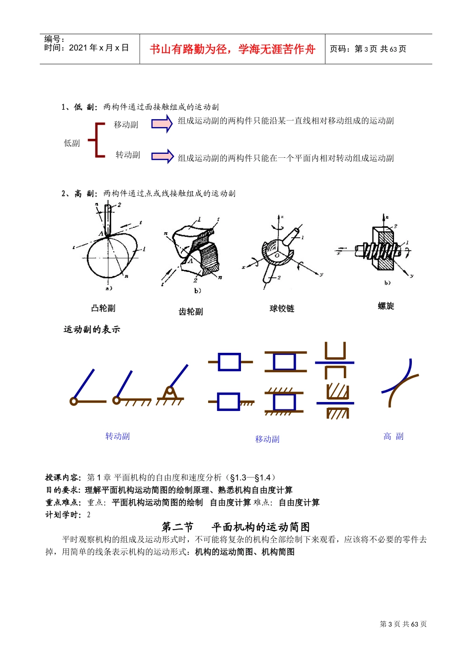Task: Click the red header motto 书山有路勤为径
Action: pos(232,49)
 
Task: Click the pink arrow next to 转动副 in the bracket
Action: pos(162,156)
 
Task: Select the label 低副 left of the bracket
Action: pos(72,143)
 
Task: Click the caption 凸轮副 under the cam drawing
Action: pos(103,308)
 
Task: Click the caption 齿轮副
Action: pos(191,312)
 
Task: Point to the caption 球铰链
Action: pos(282,309)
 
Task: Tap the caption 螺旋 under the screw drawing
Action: pos(386,306)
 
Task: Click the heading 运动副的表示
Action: pos(92,330)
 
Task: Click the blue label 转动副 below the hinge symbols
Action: pos(117,436)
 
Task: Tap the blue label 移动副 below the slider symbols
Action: pos(267,439)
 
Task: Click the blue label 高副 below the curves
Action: pos(393,437)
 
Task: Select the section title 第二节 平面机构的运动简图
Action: pos(236,527)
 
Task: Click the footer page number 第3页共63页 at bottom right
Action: pos(403,624)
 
